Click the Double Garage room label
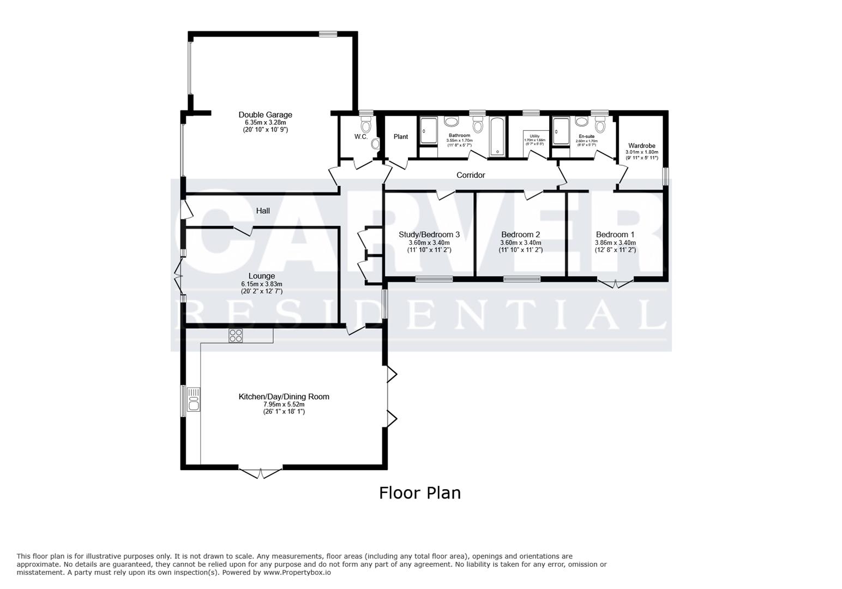(265, 115)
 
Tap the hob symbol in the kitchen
(236, 335)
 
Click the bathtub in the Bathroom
(497, 136)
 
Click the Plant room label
(401, 136)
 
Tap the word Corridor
(471, 175)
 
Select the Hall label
(263, 211)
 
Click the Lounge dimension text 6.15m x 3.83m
(262, 284)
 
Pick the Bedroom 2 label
(520, 235)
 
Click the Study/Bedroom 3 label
(429, 235)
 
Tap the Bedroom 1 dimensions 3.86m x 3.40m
(615, 243)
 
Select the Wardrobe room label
(641, 146)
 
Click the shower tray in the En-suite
(561, 131)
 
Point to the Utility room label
(534, 136)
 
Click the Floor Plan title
(420, 493)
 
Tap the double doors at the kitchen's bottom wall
(261, 472)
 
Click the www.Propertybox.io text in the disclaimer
(297, 573)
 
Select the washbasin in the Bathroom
(452, 122)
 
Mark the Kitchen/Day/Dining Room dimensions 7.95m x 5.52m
(284, 404)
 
